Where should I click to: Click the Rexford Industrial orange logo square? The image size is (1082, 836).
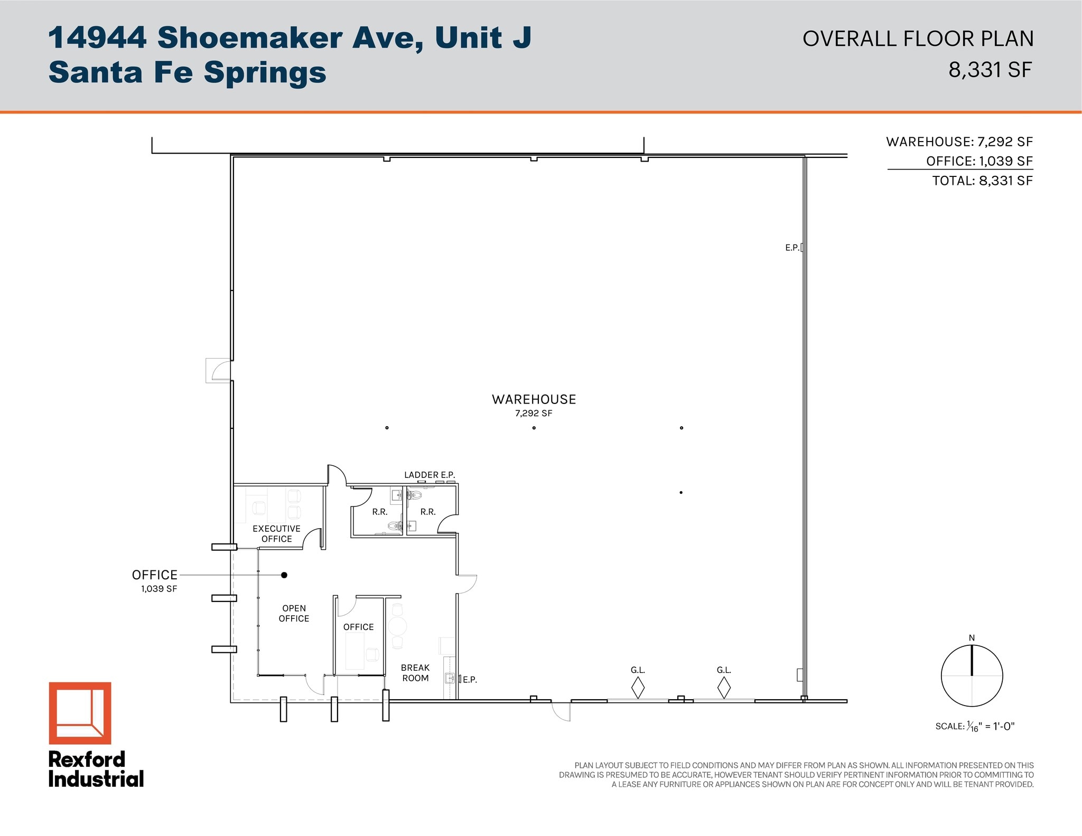[x=80, y=712]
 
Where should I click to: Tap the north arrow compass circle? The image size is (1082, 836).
[x=972, y=675]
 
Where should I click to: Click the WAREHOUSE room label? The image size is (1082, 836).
[x=534, y=399]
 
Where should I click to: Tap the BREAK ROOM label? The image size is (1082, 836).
[x=415, y=673]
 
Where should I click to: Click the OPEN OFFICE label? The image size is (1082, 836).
[x=294, y=613]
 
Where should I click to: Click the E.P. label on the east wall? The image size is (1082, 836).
[x=792, y=247]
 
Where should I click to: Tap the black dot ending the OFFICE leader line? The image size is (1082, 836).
[x=284, y=575]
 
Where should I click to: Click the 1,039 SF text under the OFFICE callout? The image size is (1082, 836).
[x=159, y=589]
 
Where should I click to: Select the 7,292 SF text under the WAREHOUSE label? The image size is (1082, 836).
[x=534, y=414]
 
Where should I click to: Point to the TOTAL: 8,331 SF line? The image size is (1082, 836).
[x=982, y=181]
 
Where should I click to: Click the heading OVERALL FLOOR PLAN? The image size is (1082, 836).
[x=918, y=39]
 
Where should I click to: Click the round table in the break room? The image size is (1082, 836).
[x=397, y=626]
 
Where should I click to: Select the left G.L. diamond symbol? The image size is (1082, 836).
[x=638, y=688]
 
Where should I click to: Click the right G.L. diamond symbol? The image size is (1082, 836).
[x=724, y=688]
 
